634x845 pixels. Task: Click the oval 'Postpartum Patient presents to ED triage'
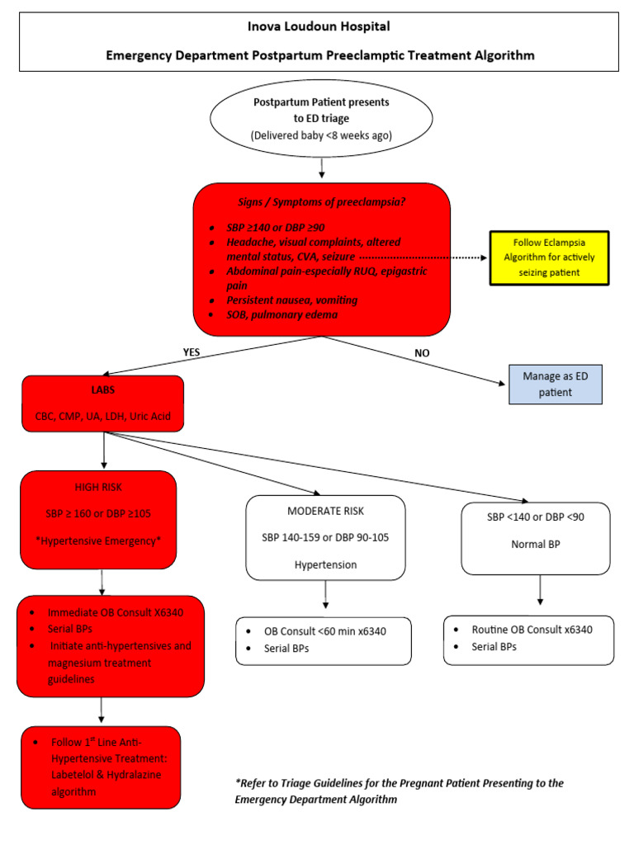coord(320,118)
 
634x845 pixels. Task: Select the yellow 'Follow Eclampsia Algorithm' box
coord(549,257)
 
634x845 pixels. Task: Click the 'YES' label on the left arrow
coord(191,352)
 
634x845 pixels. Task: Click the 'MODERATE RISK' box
coord(326,537)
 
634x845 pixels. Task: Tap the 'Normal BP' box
coord(537,537)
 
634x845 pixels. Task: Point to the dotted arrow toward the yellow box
coord(421,257)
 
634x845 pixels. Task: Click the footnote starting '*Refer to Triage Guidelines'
coord(400,791)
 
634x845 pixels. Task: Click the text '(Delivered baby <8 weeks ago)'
coord(320,135)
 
